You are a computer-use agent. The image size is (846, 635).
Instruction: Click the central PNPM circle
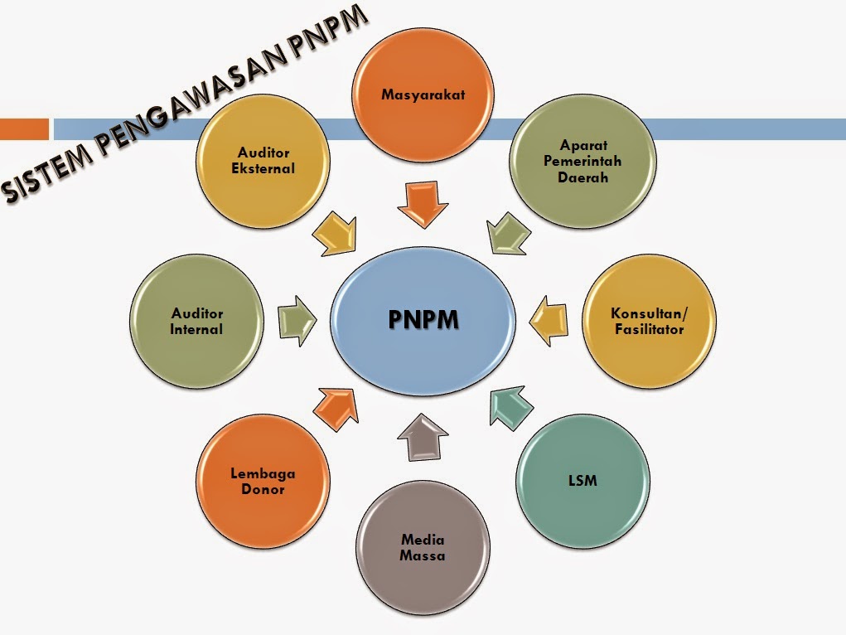423,320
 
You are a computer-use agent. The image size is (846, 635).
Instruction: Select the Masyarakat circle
423,94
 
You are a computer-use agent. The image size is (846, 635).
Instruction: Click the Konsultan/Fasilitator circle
648,322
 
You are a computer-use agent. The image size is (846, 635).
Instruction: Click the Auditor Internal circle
197,322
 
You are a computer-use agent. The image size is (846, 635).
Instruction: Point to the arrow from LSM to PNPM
511,406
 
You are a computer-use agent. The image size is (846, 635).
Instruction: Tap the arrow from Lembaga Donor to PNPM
336,407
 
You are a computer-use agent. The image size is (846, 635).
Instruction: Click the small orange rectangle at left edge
24,129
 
